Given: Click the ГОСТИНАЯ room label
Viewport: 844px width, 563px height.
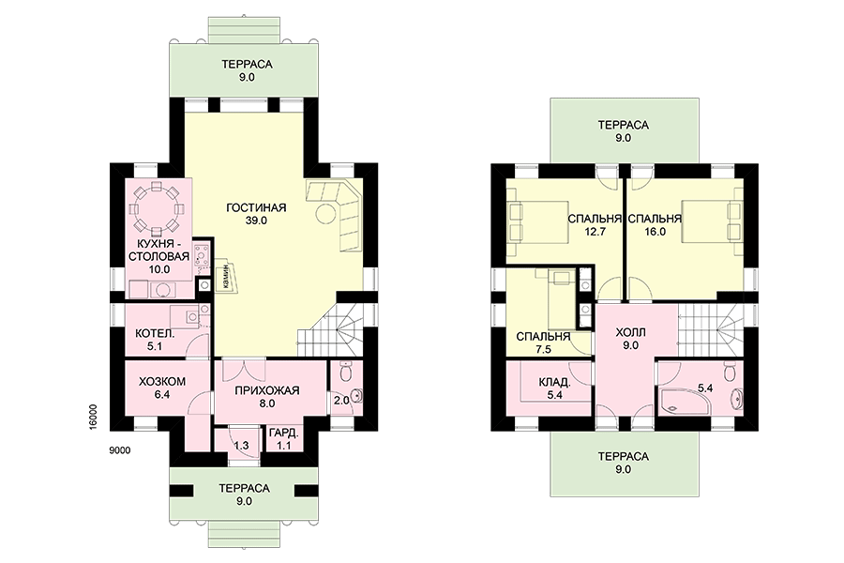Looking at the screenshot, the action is click(256, 208).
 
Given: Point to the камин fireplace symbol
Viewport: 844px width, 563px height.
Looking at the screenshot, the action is click(225, 276).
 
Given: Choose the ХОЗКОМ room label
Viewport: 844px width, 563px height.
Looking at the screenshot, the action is click(162, 382).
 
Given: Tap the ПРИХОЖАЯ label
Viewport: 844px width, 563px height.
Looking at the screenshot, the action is click(267, 390).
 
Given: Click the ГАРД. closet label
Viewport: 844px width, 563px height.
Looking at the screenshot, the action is click(283, 434).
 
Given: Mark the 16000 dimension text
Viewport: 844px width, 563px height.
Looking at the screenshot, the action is click(93, 417).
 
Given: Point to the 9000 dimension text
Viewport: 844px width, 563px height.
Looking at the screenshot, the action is click(119, 451).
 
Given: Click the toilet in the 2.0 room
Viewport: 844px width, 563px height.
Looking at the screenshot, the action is click(346, 371).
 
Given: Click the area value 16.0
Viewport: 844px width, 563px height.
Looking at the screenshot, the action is click(656, 232).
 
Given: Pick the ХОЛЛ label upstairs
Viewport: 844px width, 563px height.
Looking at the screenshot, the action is click(630, 332).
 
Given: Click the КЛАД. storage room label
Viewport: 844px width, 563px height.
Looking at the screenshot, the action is click(554, 383).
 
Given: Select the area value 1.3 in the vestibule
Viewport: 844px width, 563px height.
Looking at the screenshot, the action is click(242, 446).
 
